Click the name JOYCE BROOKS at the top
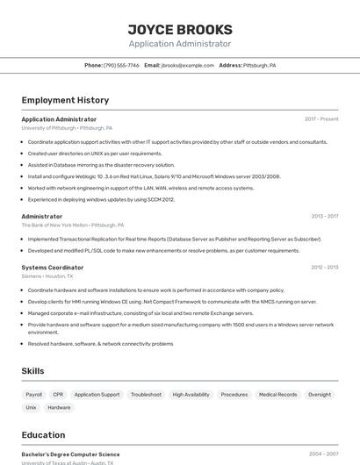coord(180,30)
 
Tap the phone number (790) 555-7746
coord(121,66)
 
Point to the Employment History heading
coord(65,100)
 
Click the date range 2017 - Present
coord(321,119)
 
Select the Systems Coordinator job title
coord(53,268)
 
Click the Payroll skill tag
coord(34,395)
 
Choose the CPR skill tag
coord(58,395)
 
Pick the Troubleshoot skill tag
coord(146,395)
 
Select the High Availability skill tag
coord(191,395)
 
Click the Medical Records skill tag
coord(277,395)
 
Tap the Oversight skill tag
coord(320,395)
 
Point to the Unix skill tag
coord(31,408)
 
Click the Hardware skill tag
coord(59,408)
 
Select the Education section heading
coord(43,435)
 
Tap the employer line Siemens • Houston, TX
coord(47,276)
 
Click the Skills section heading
coord(32,371)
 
